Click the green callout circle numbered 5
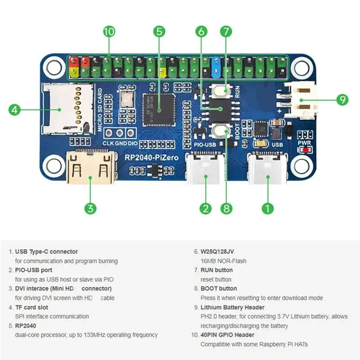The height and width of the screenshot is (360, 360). [159, 31]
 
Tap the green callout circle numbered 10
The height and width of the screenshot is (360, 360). [109, 31]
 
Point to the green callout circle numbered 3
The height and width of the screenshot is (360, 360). [90, 208]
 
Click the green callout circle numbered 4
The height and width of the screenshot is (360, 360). [15, 109]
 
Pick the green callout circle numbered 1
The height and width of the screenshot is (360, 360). [268, 208]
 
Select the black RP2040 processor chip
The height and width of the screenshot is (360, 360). [158, 108]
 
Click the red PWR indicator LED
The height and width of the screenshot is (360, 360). [307, 149]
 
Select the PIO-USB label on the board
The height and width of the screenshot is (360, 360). [205, 145]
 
